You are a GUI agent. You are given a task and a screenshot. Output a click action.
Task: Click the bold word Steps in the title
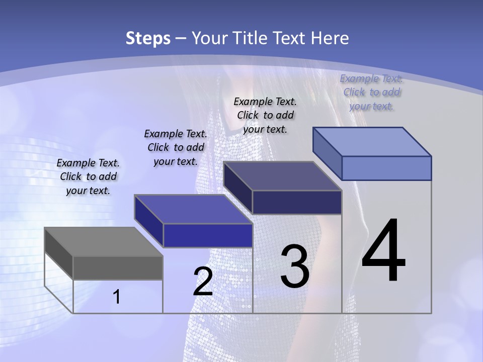point(148,38)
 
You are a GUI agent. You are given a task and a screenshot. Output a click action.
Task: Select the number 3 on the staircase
point(295,266)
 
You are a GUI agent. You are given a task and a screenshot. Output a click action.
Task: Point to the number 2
point(203,282)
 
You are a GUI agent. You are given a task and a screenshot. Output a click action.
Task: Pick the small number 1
point(116,297)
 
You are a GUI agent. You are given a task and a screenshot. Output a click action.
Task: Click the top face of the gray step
point(103,242)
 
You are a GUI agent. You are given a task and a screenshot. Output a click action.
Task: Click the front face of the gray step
point(118,268)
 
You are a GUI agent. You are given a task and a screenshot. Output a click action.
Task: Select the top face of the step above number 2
point(193,209)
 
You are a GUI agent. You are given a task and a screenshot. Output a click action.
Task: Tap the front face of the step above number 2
point(208,235)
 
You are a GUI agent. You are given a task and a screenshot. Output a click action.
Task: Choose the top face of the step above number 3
point(283,176)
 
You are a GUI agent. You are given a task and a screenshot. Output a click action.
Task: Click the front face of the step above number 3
point(297,202)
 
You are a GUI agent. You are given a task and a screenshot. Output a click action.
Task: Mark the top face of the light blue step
point(372,142)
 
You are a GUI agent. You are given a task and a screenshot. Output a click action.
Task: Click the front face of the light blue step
point(386,168)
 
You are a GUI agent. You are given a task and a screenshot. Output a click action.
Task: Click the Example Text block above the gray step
point(88,176)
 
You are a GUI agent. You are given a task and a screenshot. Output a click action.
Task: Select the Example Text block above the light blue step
point(371,92)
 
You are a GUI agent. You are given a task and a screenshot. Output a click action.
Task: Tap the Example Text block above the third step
point(265,115)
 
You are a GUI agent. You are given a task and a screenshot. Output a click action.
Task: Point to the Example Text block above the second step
point(176,147)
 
